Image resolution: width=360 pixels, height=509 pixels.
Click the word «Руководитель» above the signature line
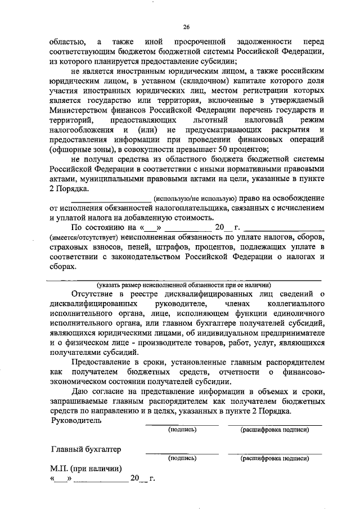coord(76,420)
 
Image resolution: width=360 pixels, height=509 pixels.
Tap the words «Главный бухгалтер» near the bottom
coord(86,449)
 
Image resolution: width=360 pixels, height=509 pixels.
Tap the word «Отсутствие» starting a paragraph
coord(95,293)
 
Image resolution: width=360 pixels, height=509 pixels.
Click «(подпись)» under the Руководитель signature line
coord(182,430)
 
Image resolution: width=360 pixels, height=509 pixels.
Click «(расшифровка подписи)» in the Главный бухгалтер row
coord(275,458)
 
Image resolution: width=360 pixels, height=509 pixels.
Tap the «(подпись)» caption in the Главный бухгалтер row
coord(182,458)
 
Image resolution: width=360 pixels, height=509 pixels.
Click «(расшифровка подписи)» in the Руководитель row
coord(275,430)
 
